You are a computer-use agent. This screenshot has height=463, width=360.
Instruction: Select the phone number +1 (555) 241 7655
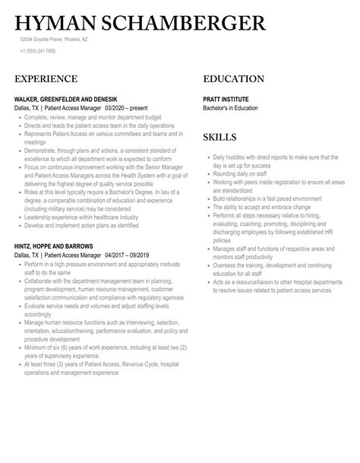point(40,52)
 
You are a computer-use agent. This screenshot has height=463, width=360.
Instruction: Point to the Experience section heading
point(46,79)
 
